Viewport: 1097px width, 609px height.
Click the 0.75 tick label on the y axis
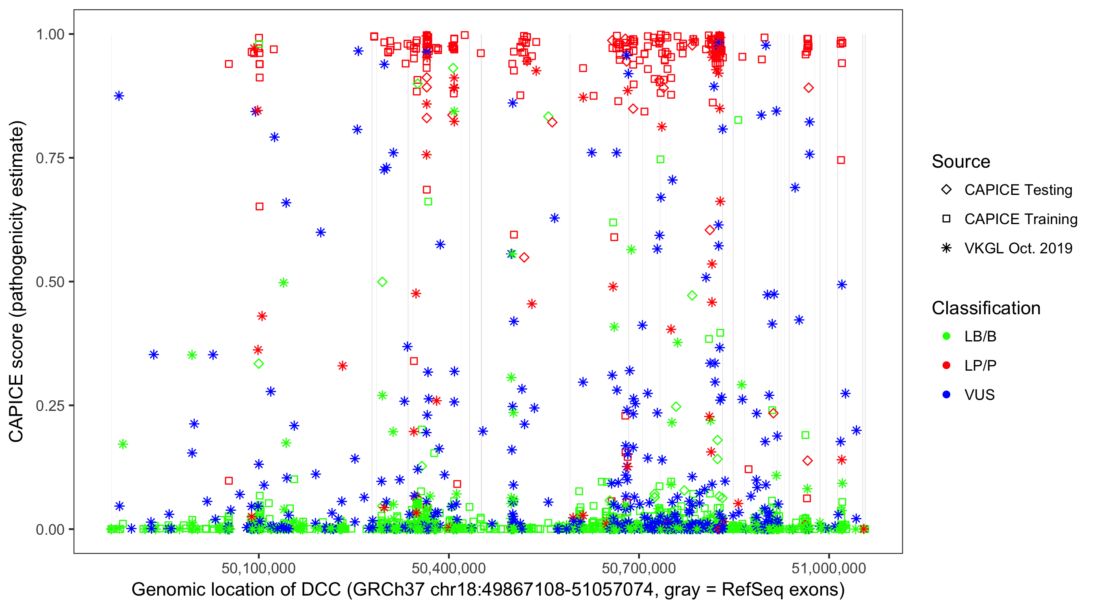click(x=50, y=158)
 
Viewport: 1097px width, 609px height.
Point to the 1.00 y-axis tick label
click(x=50, y=34)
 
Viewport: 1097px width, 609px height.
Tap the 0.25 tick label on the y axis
click(x=50, y=405)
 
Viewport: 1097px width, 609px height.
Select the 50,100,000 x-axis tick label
click(x=258, y=568)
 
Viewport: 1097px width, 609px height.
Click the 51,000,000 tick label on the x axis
click(x=829, y=568)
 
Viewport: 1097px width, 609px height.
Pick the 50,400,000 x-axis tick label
click(x=449, y=568)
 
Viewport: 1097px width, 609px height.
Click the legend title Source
click(x=961, y=162)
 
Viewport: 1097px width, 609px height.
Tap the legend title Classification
click(x=986, y=308)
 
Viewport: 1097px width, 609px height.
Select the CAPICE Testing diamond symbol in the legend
click(x=946, y=190)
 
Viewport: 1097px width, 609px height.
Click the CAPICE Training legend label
click(x=1021, y=219)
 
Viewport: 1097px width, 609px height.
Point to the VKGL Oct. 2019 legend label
click(x=1018, y=248)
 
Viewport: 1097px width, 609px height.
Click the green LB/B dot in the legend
click(x=946, y=336)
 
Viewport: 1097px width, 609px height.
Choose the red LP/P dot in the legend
click(x=946, y=365)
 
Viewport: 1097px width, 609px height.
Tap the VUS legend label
click(x=980, y=395)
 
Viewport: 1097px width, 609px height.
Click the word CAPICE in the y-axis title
click(x=16, y=408)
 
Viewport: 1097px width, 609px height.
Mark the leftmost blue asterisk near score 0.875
click(x=119, y=96)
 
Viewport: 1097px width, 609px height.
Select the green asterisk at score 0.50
click(x=284, y=283)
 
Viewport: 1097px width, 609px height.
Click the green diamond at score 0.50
click(x=382, y=282)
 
